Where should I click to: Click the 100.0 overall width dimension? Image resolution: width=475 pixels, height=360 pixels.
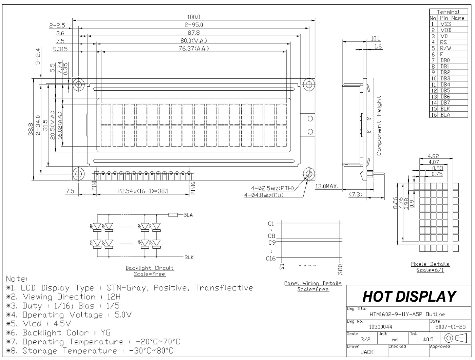point(194,17)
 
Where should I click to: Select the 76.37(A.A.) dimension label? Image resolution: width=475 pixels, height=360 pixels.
point(194,49)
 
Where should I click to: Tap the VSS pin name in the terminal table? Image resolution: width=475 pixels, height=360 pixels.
point(446,24)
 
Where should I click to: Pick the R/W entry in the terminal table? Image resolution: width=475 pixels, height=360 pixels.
point(446,48)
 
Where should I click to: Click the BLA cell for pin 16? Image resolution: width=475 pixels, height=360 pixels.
point(445,115)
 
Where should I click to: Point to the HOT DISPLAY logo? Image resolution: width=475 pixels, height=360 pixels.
point(409,297)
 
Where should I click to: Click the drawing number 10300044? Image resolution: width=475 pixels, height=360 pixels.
point(381,327)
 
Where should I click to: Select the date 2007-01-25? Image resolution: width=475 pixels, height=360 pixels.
point(450,327)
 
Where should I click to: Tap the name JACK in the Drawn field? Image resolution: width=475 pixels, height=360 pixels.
point(367,352)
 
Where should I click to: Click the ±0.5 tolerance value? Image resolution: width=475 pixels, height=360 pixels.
point(428,339)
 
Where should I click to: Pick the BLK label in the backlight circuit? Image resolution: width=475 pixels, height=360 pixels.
point(189,258)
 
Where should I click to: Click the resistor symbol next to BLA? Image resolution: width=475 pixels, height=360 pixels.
point(173,215)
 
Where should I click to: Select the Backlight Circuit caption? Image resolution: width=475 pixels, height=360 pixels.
point(150,268)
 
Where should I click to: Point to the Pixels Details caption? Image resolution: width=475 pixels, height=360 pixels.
point(430,264)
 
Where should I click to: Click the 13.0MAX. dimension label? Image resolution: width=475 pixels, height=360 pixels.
point(327,186)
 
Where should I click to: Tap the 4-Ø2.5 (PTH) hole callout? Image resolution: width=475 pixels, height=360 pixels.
point(272,188)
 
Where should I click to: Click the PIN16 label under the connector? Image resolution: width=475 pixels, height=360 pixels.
point(193,188)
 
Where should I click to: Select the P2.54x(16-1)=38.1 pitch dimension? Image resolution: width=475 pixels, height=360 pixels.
point(143,191)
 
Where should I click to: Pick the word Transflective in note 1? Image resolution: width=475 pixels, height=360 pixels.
point(224,288)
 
